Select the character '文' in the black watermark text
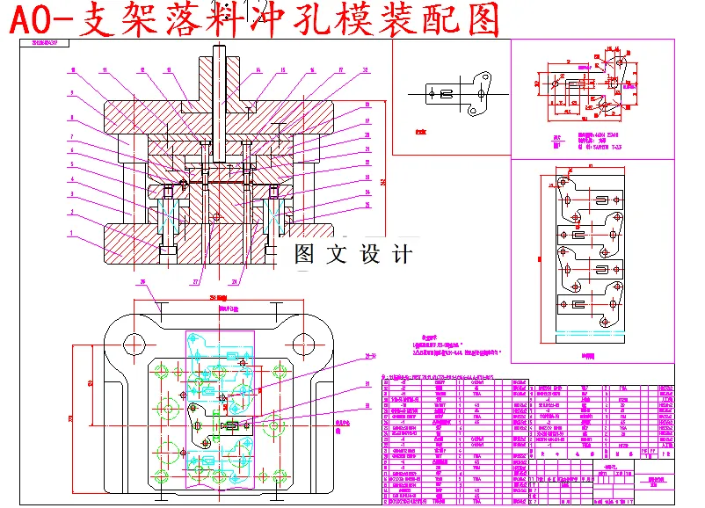coord(334,255)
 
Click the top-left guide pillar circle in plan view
coord(135,343)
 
